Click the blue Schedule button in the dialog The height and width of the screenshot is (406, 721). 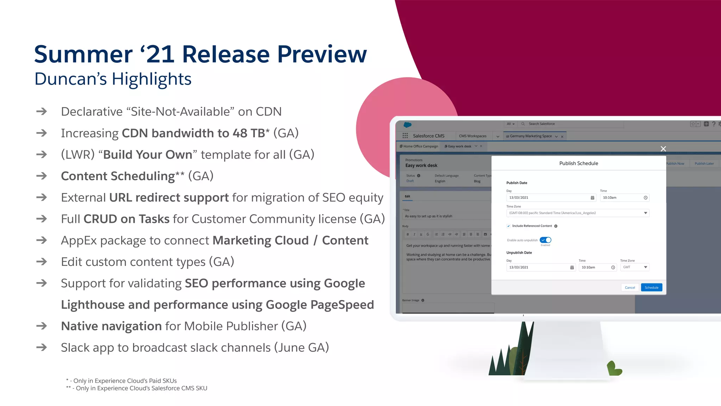point(651,287)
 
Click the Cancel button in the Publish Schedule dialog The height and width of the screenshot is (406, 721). point(629,287)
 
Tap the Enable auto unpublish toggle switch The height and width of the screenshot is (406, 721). point(545,240)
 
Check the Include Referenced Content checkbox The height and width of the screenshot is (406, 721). point(508,226)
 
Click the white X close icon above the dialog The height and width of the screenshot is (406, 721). point(663,149)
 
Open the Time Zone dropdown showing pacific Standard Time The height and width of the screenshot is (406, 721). point(577,213)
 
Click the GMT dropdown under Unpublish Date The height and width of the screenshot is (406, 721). point(634,267)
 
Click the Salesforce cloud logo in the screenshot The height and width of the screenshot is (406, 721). point(407,125)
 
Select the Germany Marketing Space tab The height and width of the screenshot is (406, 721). point(531,136)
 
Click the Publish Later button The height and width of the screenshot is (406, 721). point(704,163)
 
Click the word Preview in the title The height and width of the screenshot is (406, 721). point(322,55)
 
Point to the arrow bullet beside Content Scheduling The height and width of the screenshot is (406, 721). point(42,176)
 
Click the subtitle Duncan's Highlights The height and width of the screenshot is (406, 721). point(113,79)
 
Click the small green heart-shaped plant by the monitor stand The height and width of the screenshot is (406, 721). point(614,369)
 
